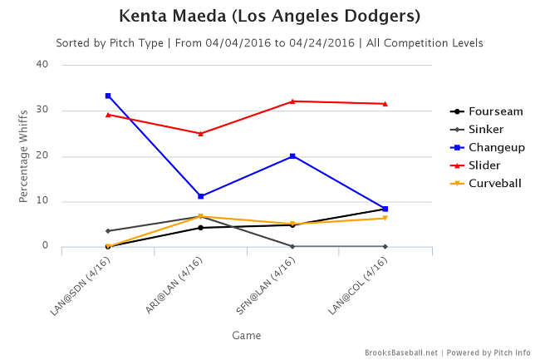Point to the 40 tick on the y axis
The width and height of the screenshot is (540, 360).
tap(42, 65)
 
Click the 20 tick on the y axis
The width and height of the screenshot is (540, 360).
tap(42, 155)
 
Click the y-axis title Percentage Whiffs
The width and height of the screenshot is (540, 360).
tap(24, 155)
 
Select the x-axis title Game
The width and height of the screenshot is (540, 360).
tap(247, 335)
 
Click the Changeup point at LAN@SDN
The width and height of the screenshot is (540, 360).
tap(108, 96)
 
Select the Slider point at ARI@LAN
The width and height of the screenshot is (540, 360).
tap(200, 133)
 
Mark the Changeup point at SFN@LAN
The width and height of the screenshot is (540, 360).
tap(292, 155)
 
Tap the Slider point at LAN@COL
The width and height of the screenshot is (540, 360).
tap(385, 103)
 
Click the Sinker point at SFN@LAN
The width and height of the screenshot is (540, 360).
tap(292, 246)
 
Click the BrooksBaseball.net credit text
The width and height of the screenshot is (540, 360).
tap(400, 352)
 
